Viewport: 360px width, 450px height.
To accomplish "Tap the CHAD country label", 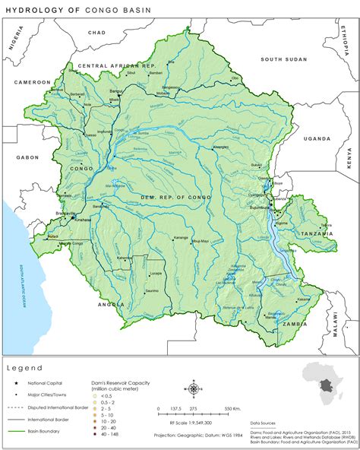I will [x=97, y=33].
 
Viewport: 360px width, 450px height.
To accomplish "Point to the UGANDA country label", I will [x=317, y=139].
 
